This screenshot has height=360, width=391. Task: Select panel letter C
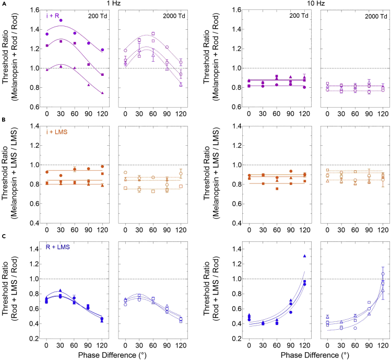[4, 236]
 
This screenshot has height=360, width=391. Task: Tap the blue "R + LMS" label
[57, 248]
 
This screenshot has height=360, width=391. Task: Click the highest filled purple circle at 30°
[61, 20]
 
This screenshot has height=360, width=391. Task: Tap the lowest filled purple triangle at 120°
[102, 92]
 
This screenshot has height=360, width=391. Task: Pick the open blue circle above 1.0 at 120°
[383, 274]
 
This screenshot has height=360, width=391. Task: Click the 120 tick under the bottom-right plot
[383, 346]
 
